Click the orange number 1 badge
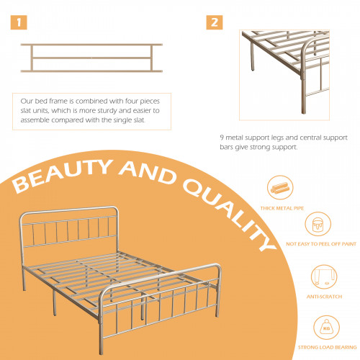pyautogui.click(x=19, y=22)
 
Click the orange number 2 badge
pyautogui.click(x=215, y=22)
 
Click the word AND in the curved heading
pyautogui.click(x=148, y=172)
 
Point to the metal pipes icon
pyautogui.click(x=280, y=187)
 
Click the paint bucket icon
pyautogui.click(x=318, y=225)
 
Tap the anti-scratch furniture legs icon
pyautogui.click(x=324, y=277)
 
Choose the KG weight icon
pyautogui.click(x=326, y=328)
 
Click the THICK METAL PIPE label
pyautogui.click(x=282, y=208)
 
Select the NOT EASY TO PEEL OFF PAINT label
pyautogui.click(x=321, y=244)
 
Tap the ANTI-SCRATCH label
pyautogui.click(x=324, y=297)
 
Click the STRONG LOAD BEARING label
pyautogui.click(x=328, y=347)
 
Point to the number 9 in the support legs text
pyautogui.click(x=222, y=138)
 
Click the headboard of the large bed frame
pyautogui.click(x=69, y=227)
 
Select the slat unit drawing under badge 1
pyautogui.click(x=91, y=58)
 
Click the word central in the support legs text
pyautogui.click(x=307, y=138)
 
